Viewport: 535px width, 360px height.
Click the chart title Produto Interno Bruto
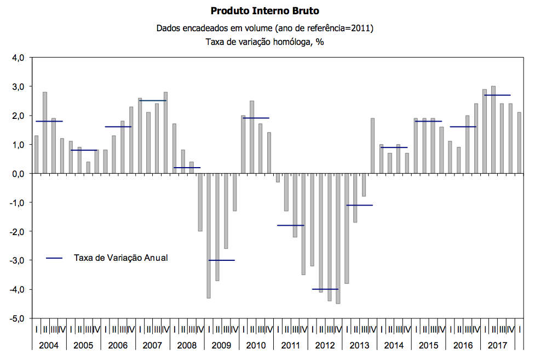[264, 11]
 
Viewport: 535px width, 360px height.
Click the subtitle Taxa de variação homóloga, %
[264, 42]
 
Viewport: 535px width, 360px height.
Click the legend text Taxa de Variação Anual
[120, 258]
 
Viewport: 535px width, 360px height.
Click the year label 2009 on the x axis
[221, 346]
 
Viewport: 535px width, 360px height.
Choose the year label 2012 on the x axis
[325, 346]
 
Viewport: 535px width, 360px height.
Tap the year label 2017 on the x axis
[497, 346]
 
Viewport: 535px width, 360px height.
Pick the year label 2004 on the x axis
[49, 346]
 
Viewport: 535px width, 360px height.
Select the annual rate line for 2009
[221, 260]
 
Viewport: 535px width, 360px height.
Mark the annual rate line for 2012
[325, 289]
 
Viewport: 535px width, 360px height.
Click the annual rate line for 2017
[497, 95]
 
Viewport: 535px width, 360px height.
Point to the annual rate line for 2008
[187, 168]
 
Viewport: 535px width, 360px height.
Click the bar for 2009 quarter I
[209, 236]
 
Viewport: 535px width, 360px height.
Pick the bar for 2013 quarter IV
[372, 146]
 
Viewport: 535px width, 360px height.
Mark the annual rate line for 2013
[359, 205]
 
